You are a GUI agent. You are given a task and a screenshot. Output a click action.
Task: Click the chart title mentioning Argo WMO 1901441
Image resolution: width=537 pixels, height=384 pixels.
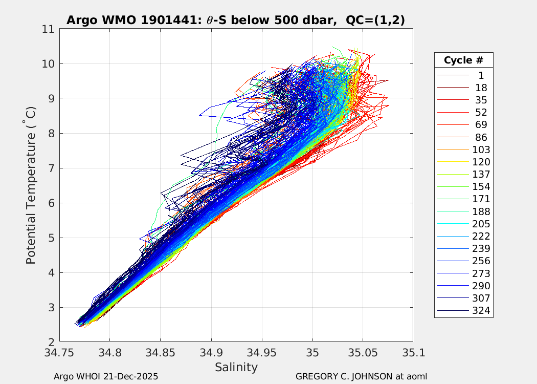(x=236, y=20)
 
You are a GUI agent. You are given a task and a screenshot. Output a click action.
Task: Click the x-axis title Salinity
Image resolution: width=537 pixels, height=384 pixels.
(x=236, y=367)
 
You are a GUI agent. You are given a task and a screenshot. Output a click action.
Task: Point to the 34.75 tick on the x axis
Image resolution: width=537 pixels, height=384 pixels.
(x=59, y=353)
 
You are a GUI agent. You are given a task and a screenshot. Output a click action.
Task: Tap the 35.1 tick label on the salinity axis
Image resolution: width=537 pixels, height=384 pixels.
(x=413, y=353)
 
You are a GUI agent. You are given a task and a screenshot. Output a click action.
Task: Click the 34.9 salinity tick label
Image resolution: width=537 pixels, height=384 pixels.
(x=211, y=353)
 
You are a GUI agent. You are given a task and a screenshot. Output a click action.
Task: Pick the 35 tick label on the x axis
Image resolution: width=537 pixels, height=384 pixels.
(x=312, y=353)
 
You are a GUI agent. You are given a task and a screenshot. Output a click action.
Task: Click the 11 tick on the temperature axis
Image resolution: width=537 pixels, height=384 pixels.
(x=49, y=29)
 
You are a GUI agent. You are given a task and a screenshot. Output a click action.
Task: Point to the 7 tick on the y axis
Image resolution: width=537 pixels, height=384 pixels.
(x=51, y=168)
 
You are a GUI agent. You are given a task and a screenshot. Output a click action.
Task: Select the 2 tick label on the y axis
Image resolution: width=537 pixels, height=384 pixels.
(x=51, y=342)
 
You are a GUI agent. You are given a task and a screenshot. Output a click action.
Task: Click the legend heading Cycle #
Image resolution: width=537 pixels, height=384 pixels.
(x=463, y=60)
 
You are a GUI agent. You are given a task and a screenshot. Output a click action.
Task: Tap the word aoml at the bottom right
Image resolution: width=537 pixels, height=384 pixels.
(x=416, y=376)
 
